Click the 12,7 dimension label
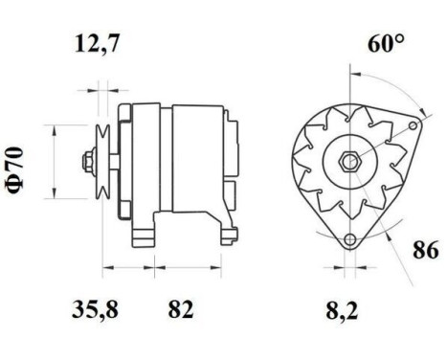pyautogui.click(x=101, y=44)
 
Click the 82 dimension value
pyautogui.click(x=181, y=309)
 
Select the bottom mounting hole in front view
pyautogui.click(x=350, y=239)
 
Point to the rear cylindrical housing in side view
pyautogui.click(x=196, y=158)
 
